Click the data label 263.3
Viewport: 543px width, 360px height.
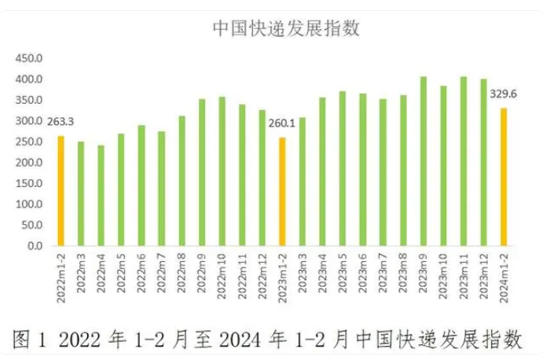[60, 122]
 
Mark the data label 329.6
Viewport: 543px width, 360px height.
[503, 94]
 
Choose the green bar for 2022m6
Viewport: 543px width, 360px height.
[141, 186]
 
